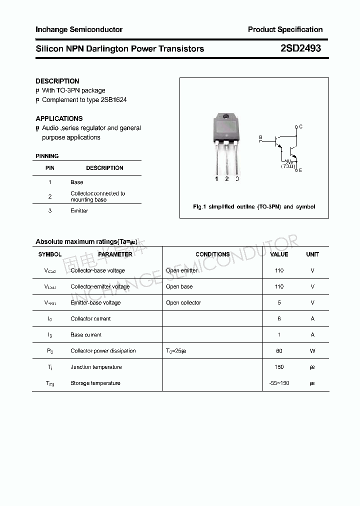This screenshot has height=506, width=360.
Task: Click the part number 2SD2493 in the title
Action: click(300, 48)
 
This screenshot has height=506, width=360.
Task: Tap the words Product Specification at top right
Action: click(285, 29)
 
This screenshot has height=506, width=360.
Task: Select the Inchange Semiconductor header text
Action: click(79, 29)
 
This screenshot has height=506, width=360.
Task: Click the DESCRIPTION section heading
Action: click(57, 81)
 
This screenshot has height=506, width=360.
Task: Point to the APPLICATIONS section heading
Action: click(59, 118)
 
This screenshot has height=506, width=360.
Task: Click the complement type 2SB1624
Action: click(113, 99)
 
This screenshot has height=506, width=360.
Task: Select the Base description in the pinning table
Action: click(77, 182)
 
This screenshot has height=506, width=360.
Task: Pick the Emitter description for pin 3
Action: click(79, 210)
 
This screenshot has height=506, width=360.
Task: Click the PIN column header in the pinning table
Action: click(50, 168)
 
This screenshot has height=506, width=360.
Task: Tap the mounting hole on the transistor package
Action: click(226, 117)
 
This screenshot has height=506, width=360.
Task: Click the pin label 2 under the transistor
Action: click(226, 179)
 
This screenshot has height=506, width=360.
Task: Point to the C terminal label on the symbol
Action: click(300, 126)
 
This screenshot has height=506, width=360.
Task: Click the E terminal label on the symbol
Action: click(300, 170)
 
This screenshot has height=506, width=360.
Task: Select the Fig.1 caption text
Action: click(254, 206)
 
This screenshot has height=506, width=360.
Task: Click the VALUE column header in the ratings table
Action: click(279, 254)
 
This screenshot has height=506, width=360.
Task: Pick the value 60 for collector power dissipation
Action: click(279, 351)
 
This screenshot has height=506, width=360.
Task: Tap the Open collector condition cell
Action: click(183, 302)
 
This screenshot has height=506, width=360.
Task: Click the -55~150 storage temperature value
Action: click(279, 383)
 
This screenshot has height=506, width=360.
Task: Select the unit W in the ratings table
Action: click(312, 351)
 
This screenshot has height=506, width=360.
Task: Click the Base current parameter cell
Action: click(86, 335)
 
